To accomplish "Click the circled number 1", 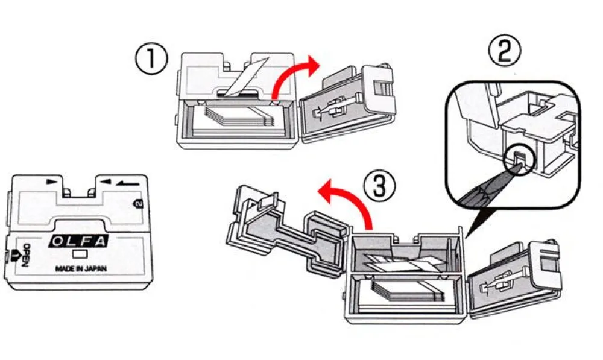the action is [151, 59].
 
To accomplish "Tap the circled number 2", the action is [504, 51].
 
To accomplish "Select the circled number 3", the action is [379, 186].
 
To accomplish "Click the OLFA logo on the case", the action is [79, 241].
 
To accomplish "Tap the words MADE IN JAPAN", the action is [81, 269].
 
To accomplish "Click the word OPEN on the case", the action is [26, 256].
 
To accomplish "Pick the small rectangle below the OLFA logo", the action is [80, 254].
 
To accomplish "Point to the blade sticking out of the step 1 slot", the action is [246, 77].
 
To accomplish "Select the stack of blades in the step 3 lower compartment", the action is [404, 291].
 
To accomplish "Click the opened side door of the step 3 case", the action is [513, 279].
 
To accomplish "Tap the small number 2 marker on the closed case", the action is [138, 203].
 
